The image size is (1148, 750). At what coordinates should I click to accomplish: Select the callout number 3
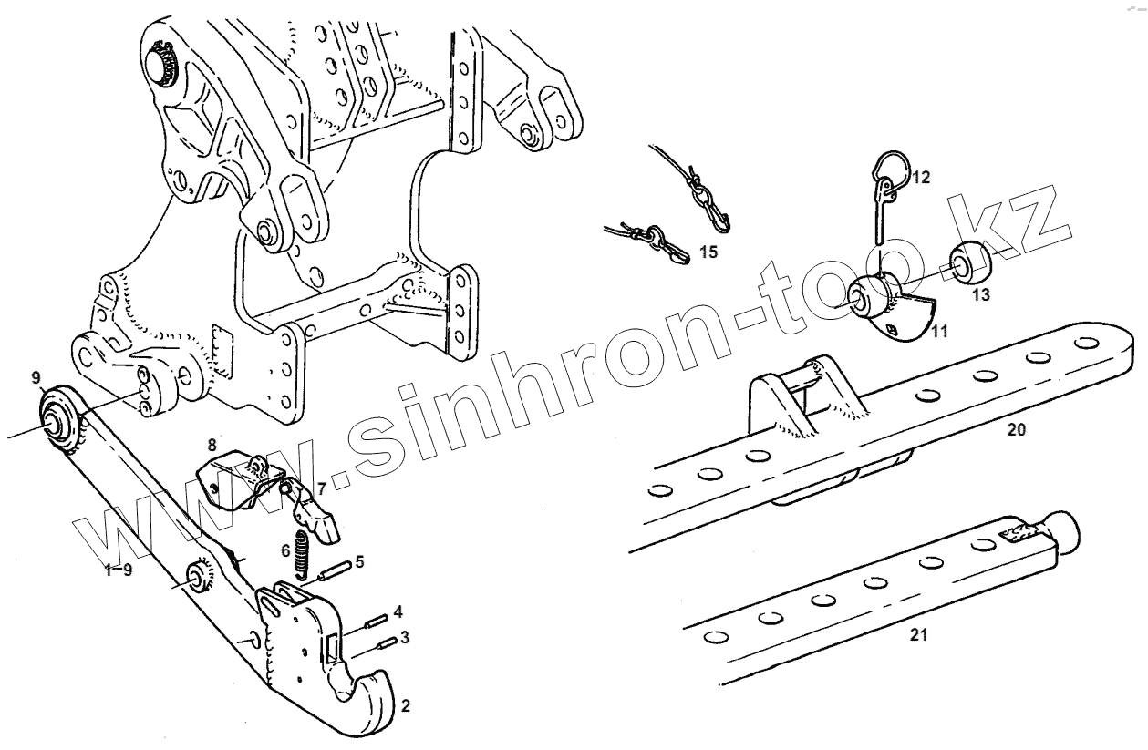(405, 636)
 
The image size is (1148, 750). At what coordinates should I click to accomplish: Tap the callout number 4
(398, 610)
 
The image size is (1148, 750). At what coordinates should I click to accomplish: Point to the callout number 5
(359, 561)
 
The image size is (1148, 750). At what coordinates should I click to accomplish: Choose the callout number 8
(212, 445)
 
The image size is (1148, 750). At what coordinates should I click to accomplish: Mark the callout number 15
(708, 252)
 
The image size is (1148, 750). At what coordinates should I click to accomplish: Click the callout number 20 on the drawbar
(1016, 429)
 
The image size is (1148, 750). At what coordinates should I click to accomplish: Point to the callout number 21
(918, 635)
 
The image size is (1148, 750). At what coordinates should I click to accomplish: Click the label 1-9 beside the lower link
(119, 570)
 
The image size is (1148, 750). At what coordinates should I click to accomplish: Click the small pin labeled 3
(386, 643)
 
